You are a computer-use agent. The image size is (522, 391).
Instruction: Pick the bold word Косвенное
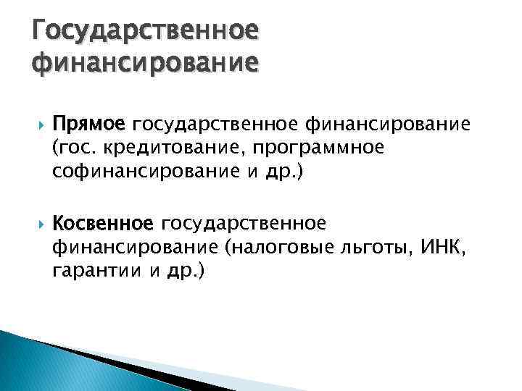(x=103, y=220)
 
